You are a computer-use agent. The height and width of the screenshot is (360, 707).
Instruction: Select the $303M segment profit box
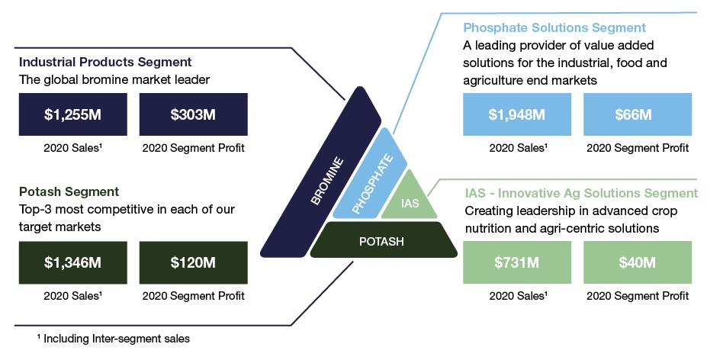pyautogui.click(x=193, y=114)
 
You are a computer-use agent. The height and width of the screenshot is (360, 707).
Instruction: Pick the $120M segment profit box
pyautogui.click(x=193, y=263)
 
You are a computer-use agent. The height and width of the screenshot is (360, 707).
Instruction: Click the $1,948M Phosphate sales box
pyautogui.click(x=516, y=114)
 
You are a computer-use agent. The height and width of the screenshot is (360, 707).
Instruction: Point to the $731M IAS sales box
pyautogui.click(x=516, y=263)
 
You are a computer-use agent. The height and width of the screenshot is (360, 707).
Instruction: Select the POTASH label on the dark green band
pyautogui.click(x=382, y=242)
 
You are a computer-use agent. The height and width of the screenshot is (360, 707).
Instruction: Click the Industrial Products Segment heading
pyautogui.click(x=104, y=62)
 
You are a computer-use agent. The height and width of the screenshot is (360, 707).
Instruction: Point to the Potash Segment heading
pyautogui.click(x=69, y=191)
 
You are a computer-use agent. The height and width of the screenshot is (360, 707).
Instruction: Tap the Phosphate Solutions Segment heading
pyautogui.click(x=554, y=28)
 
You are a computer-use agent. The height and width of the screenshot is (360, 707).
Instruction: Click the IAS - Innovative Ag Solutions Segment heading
pyautogui.click(x=580, y=192)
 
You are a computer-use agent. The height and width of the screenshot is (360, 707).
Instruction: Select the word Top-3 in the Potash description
pyautogui.click(x=35, y=208)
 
